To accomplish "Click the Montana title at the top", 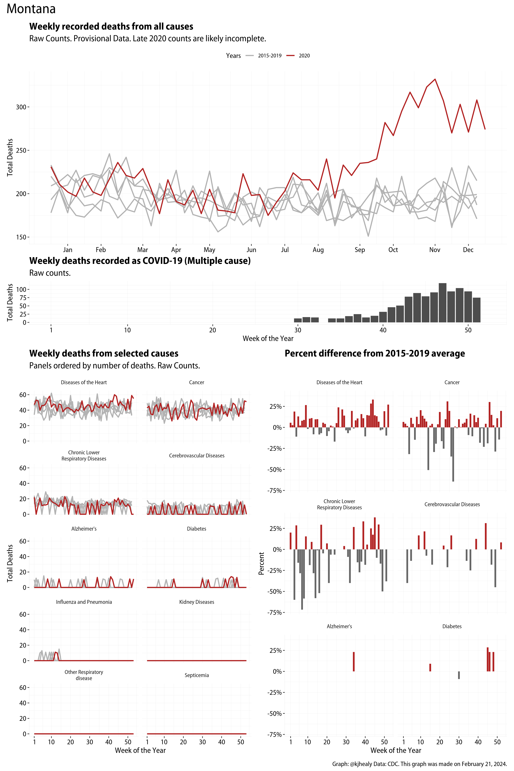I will tap(31, 9).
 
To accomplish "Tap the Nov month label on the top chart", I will tap(435, 250).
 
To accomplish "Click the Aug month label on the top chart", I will tap(318, 250).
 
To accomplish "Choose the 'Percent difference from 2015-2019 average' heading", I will tap(375, 353).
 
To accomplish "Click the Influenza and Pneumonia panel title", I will tap(84, 602).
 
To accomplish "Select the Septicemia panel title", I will tap(197, 675).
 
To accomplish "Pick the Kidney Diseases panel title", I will tap(197, 602).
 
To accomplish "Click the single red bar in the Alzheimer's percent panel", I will tap(354, 661).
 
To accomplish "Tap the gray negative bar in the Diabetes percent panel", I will tap(459, 675).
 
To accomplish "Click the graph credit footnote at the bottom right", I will tap(420, 764).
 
